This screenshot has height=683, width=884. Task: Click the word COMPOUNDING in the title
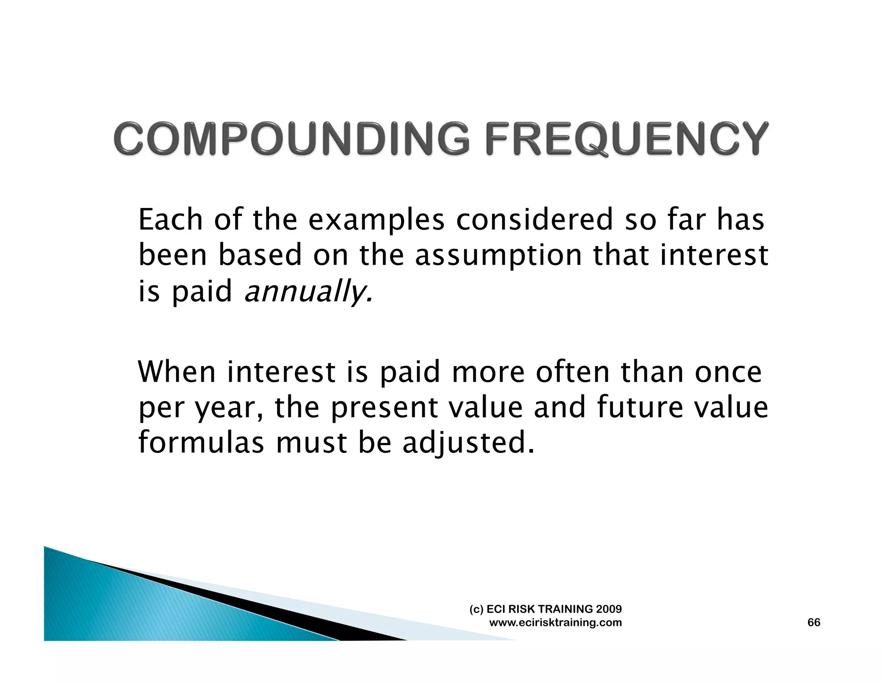click(292, 139)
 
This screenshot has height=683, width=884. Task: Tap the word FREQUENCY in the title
click(627, 139)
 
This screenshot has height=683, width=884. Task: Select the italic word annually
click(308, 292)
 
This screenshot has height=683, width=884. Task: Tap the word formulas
click(201, 443)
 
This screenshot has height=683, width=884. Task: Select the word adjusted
click(468, 444)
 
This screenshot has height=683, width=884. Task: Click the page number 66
click(814, 622)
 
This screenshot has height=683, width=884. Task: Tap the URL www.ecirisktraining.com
click(556, 623)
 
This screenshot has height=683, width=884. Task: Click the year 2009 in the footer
click(609, 609)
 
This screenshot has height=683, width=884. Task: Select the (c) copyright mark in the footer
click(477, 609)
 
